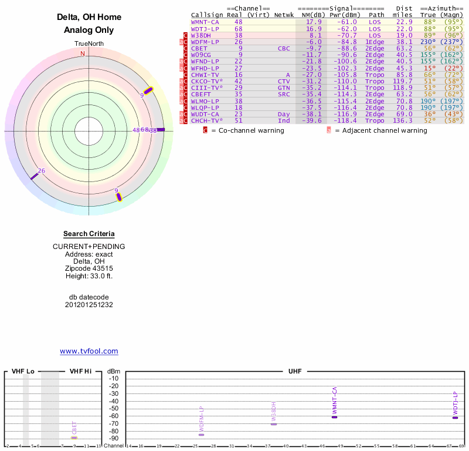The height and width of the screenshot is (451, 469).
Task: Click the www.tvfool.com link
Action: pos(89,351)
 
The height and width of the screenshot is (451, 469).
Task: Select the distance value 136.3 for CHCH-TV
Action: pos(403,120)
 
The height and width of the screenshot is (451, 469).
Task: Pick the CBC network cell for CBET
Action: pos(284,48)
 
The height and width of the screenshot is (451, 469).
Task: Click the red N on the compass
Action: pos(83,53)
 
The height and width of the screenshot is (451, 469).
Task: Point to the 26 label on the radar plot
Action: pos(41,171)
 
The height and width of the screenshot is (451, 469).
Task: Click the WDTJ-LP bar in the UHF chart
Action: pos(456,418)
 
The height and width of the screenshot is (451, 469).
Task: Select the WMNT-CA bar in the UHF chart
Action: pos(334,416)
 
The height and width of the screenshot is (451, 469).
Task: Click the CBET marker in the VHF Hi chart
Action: pos(74,437)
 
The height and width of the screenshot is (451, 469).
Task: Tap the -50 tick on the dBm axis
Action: pos(114,408)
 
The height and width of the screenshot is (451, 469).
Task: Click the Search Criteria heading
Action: pos(89,234)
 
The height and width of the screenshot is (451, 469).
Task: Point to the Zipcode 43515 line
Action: pos(89,268)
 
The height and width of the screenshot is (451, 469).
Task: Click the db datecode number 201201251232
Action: pos(89,305)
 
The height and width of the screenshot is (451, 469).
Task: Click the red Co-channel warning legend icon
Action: pos(206,130)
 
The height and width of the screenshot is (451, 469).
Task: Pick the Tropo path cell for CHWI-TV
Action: pos(376,75)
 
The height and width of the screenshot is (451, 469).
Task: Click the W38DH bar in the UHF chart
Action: pos(273,423)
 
